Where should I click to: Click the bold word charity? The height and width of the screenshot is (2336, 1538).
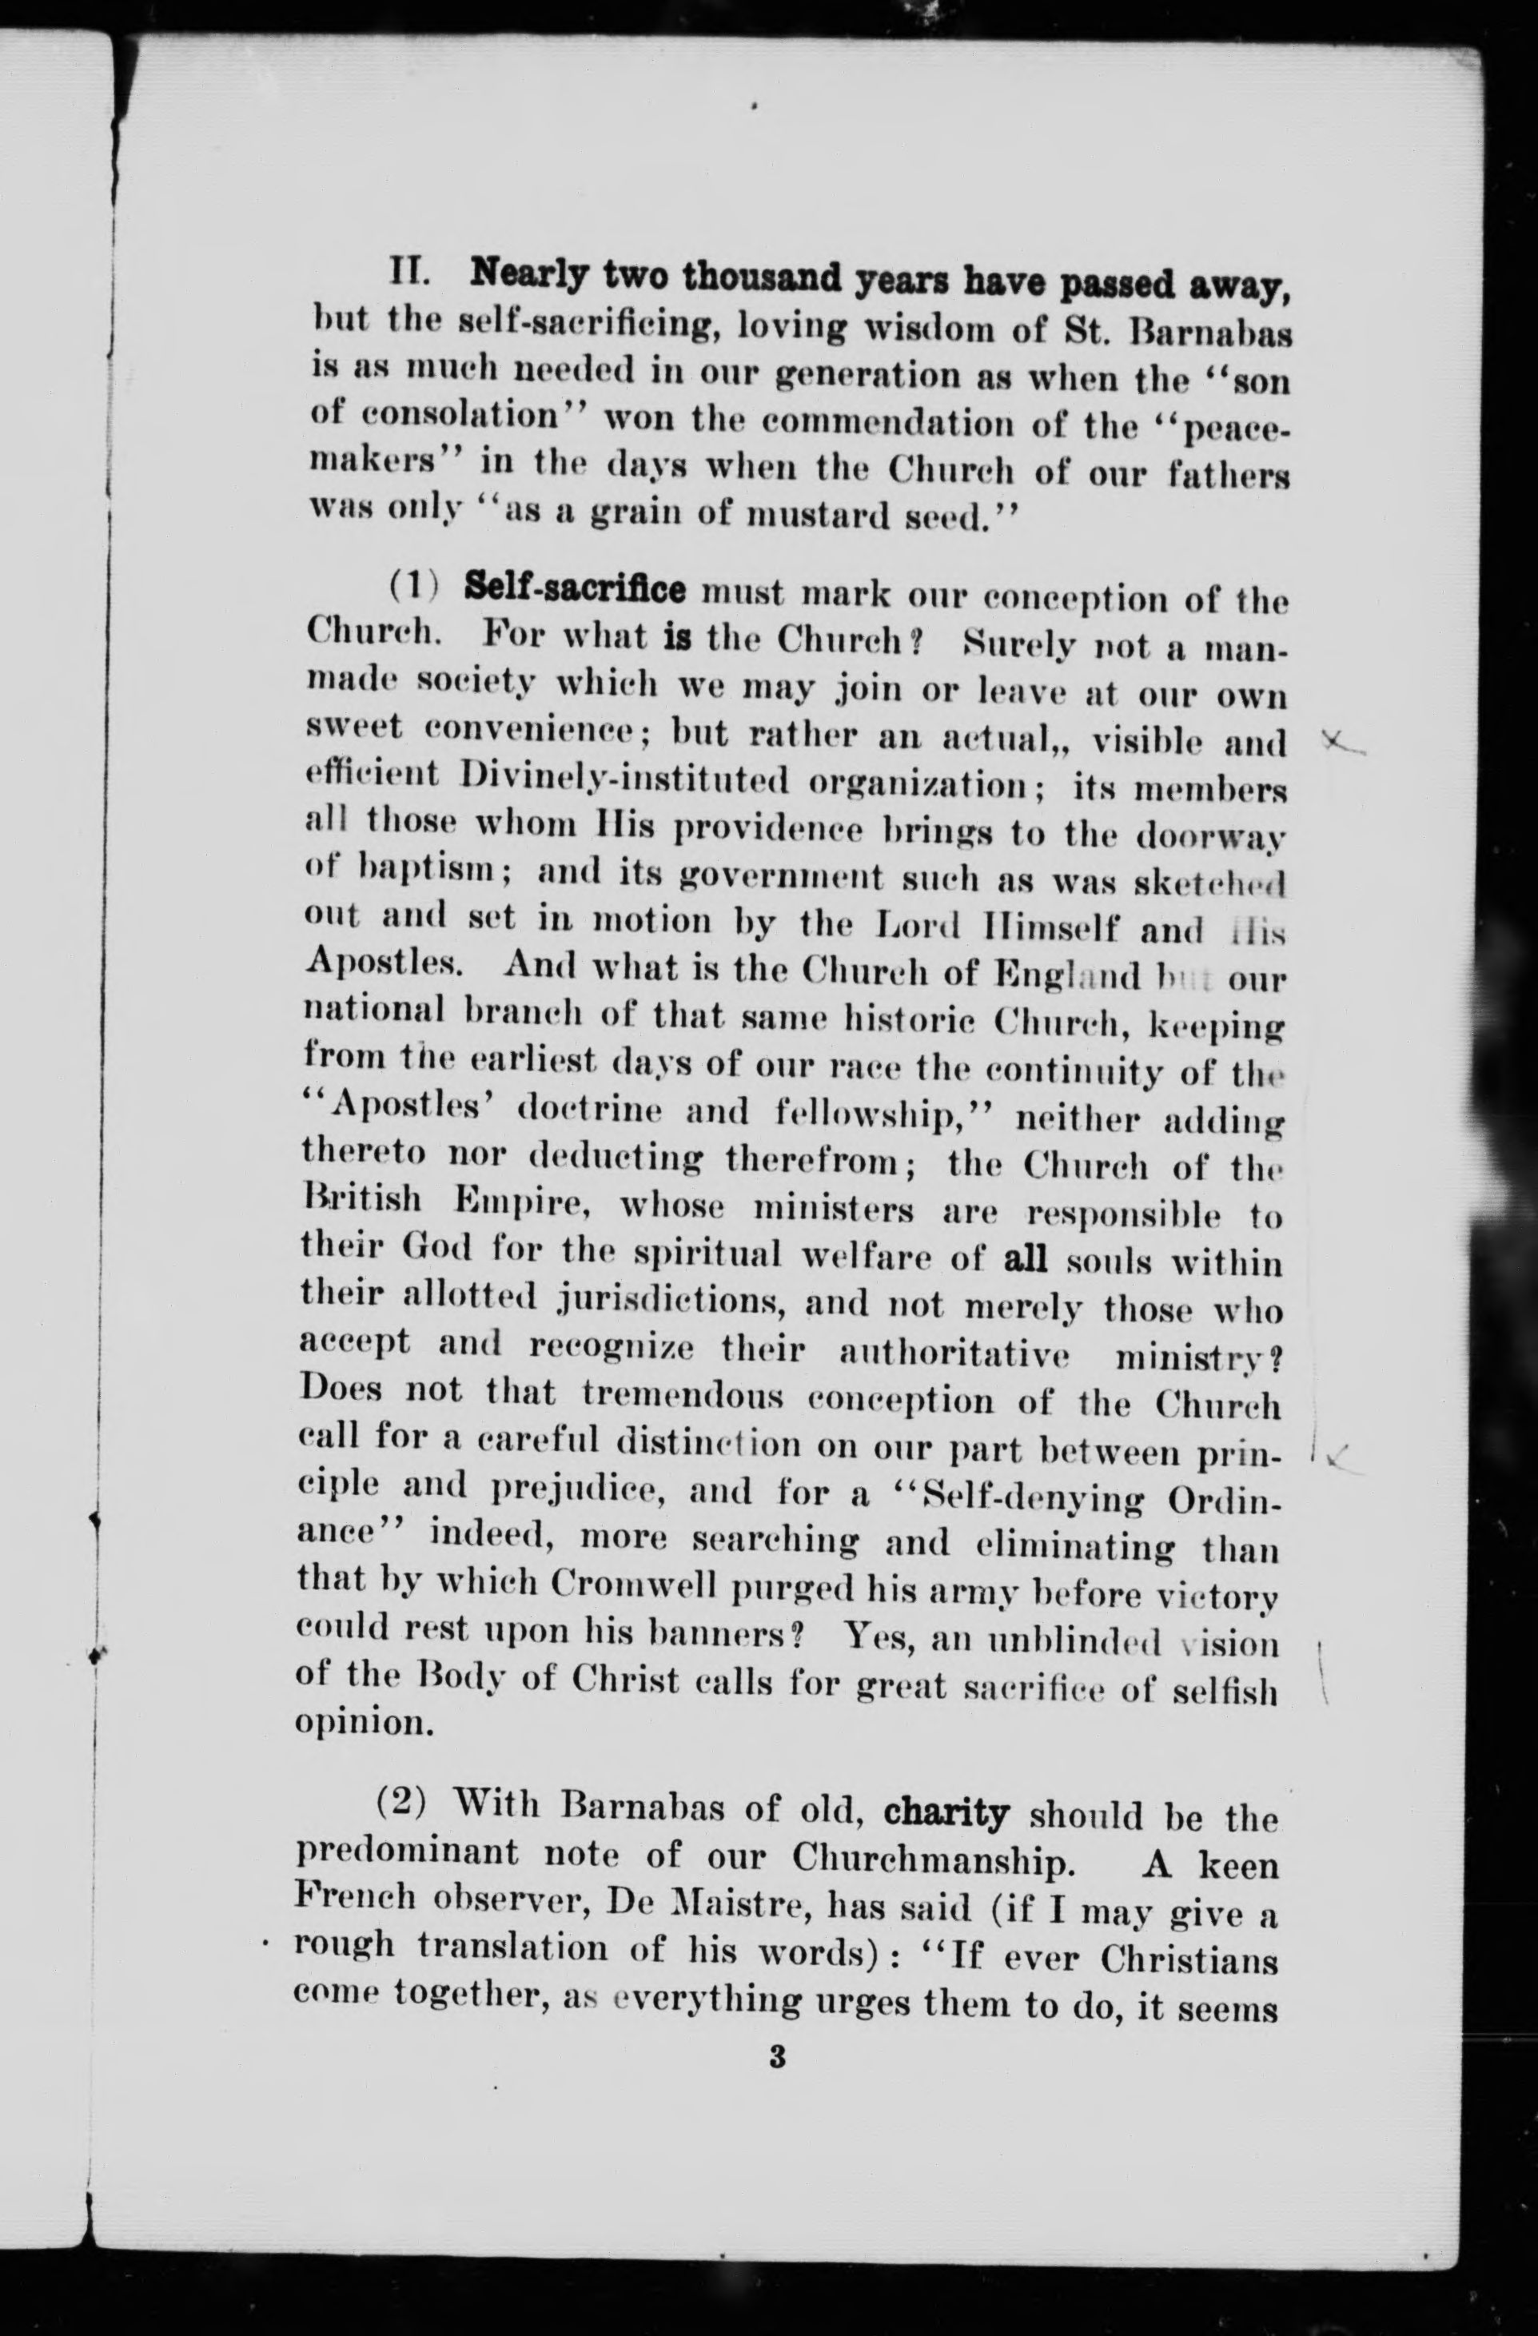click(x=946, y=1812)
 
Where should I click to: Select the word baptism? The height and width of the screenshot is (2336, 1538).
click(x=408, y=869)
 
